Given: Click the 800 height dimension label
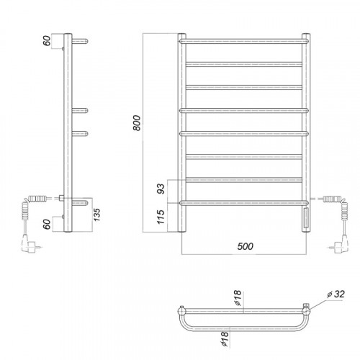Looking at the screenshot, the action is coord(137,123).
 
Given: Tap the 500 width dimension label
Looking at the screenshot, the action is coord(245,246).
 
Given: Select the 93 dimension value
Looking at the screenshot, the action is coord(161,189).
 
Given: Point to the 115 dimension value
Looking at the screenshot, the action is coord(161,217).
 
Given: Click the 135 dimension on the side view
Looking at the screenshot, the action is coord(96,215).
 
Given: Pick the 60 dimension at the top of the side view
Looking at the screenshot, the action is coord(47,40).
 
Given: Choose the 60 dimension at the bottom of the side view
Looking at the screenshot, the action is coord(47,224).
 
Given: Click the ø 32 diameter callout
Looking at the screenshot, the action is coord(336,294).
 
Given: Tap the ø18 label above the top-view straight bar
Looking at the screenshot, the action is coord(238,298).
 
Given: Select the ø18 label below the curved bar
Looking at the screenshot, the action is coord(225,338).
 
